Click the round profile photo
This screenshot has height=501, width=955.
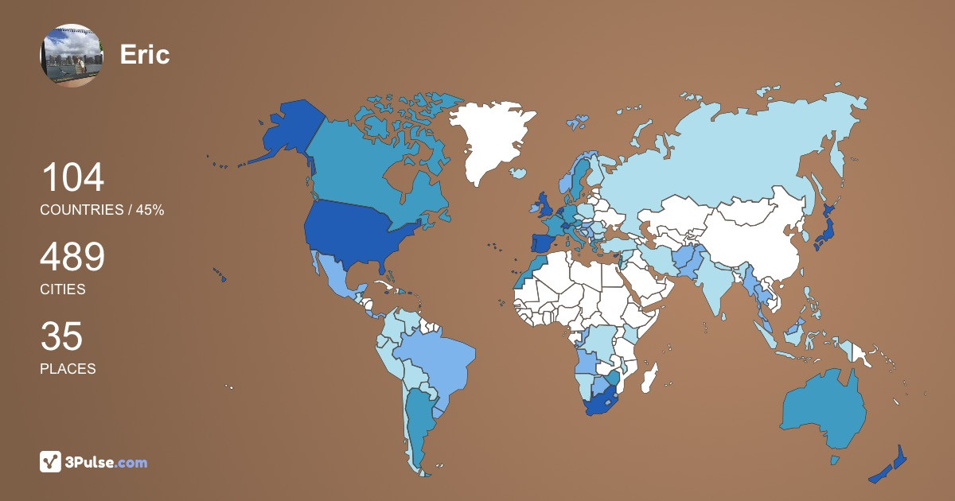point(72,55)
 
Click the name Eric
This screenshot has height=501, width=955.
point(145,54)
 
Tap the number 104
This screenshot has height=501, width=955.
point(72,177)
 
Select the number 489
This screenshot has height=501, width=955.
point(72,258)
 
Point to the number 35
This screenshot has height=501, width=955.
point(61,337)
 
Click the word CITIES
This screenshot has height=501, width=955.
point(63,289)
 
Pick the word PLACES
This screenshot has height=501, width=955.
point(68,369)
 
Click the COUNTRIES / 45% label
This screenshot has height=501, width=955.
point(102,210)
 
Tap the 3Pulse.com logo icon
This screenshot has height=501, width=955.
point(51,462)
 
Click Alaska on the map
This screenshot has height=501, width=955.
point(283,131)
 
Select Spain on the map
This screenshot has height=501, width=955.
point(544,244)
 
